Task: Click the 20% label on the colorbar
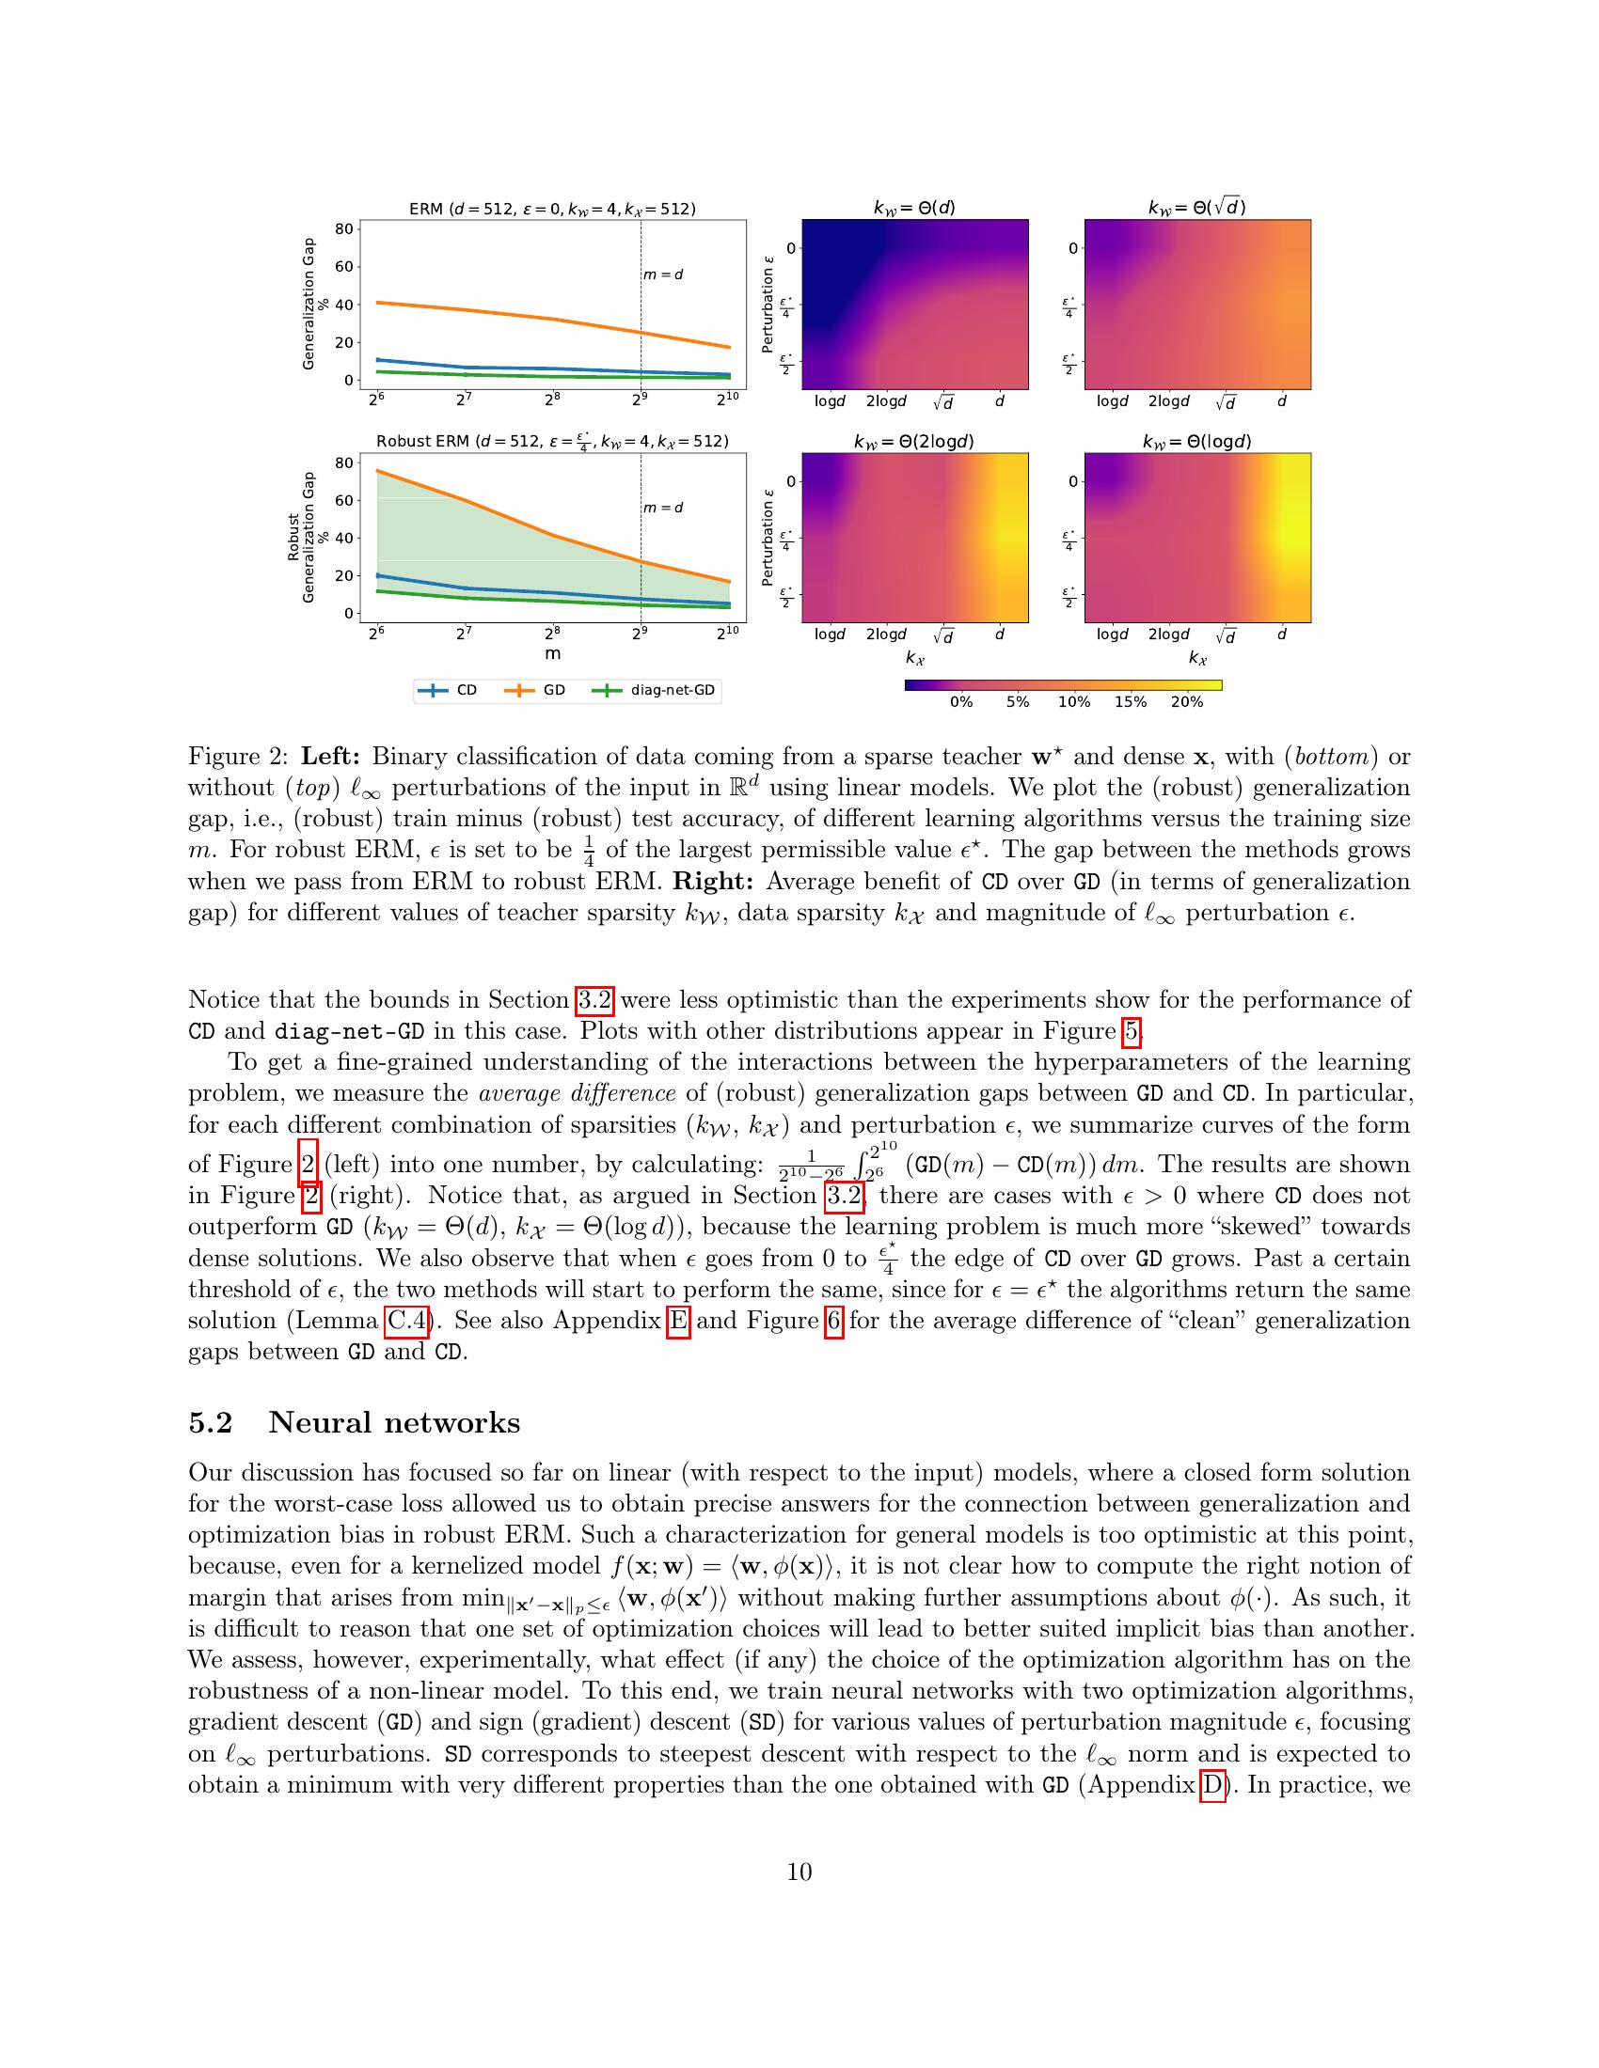[1186, 701]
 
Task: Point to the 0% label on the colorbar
[960, 701]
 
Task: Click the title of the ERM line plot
[552, 210]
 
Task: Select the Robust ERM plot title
[552, 441]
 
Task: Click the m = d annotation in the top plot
[663, 274]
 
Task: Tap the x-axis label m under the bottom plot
[552, 653]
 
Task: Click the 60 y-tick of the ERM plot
[344, 266]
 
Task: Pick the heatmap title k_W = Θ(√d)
[1196, 208]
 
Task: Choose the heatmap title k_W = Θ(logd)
[1196, 441]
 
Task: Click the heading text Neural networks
[394, 1423]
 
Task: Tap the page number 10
[799, 1872]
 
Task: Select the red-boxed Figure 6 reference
[833, 1320]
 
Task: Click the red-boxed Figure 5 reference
[1131, 1031]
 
